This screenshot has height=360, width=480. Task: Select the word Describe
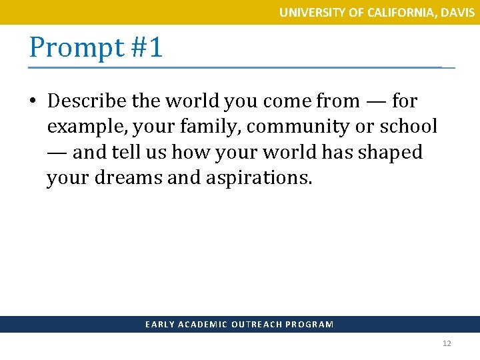pos(87,101)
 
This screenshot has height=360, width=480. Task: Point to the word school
pos(406,127)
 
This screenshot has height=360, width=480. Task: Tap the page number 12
pos(447,344)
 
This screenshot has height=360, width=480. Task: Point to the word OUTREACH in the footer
pos(256,325)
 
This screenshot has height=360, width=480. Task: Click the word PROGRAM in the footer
pos(309,325)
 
